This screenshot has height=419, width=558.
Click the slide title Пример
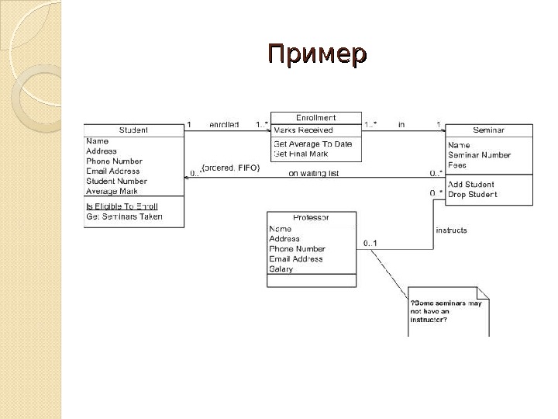pyautogui.click(x=317, y=56)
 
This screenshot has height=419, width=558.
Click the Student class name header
pyautogui.click(x=133, y=130)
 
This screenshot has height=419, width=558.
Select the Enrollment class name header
pyautogui.click(x=315, y=118)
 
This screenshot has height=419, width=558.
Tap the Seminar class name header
pyautogui.click(x=488, y=130)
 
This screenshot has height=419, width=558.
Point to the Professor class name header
pyautogui.click(x=311, y=218)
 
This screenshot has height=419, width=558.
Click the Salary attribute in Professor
pyautogui.click(x=281, y=269)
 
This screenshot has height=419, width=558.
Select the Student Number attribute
pyautogui.click(x=116, y=181)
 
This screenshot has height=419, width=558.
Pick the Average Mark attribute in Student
pyautogui.click(x=112, y=191)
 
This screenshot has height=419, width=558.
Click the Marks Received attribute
pyautogui.click(x=303, y=130)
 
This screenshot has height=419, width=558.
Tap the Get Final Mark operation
pyautogui.click(x=301, y=154)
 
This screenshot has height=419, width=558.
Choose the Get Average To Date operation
pyautogui.click(x=312, y=144)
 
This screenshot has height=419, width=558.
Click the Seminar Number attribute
pyautogui.click(x=479, y=154)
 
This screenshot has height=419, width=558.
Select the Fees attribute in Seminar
pyautogui.click(x=457, y=164)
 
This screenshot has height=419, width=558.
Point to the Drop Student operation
pyautogui.click(x=473, y=194)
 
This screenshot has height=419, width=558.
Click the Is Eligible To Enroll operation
pyautogui.click(x=122, y=206)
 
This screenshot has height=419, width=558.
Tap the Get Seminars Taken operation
pyautogui.click(x=124, y=217)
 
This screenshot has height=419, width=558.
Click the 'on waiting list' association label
pyautogui.click(x=314, y=173)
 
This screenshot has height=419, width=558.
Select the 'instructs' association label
pyautogui.click(x=451, y=230)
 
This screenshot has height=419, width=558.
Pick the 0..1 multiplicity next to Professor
pyautogui.click(x=370, y=244)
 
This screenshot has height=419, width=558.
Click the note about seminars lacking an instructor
pyautogui.click(x=448, y=311)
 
